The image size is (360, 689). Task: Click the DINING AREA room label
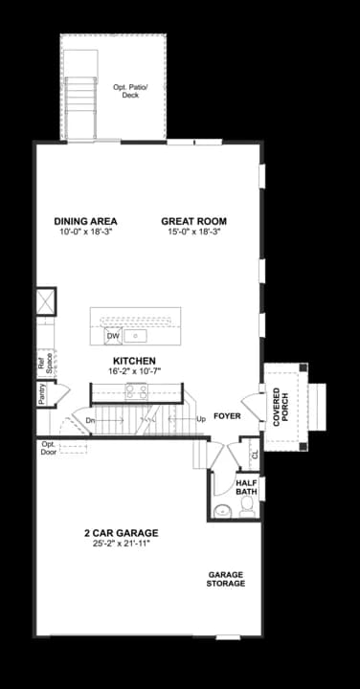pyautogui.click(x=85, y=221)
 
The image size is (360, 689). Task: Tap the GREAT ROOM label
pyautogui.click(x=193, y=221)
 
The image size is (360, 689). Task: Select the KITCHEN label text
pyautogui.click(x=140, y=361)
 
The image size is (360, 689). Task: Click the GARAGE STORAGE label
pyautogui.click(x=226, y=579)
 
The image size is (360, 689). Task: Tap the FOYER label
pyautogui.click(x=227, y=417)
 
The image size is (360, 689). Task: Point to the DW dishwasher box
pyautogui.click(x=113, y=336)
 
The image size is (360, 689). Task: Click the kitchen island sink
pyautogui.click(x=136, y=336)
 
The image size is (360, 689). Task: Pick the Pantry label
pyautogui.click(x=43, y=395)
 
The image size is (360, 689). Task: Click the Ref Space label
pyautogui.click(x=43, y=362)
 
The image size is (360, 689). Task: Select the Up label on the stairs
pyautogui.click(x=201, y=419)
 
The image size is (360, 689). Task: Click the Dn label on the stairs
pyautogui.click(x=90, y=420)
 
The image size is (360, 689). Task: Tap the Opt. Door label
pyautogui.click(x=48, y=449)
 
